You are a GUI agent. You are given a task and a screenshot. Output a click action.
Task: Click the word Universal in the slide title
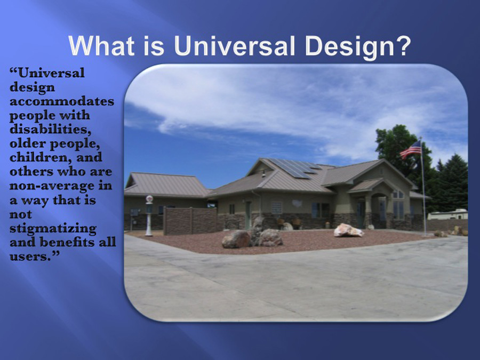234,46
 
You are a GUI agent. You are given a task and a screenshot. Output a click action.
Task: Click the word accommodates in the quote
62,101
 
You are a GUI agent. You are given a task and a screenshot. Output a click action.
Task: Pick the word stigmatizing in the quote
53,229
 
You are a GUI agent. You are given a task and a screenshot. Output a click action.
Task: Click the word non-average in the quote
52,186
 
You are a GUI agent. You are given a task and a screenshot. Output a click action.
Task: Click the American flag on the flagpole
411,149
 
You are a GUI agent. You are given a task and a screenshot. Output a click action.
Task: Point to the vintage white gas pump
149,215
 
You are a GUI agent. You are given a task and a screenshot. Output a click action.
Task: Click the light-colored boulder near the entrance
348,230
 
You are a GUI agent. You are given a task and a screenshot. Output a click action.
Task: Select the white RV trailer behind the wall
447,214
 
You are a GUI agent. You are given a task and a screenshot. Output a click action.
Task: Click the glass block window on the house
276,207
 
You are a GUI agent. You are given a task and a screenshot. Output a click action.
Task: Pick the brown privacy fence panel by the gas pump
190,220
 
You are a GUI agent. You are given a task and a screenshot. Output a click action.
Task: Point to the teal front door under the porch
361,214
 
